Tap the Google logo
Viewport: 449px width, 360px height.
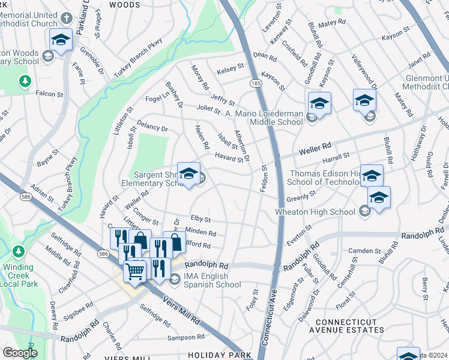tap(20, 353)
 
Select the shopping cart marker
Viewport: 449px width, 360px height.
tap(135, 271)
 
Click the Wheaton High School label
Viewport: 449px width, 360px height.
tap(315, 211)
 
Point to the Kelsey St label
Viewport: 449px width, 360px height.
tap(231, 68)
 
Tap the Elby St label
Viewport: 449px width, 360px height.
tap(200, 220)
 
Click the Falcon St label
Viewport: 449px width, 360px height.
tap(49, 94)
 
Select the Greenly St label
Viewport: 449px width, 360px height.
tap(301, 196)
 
